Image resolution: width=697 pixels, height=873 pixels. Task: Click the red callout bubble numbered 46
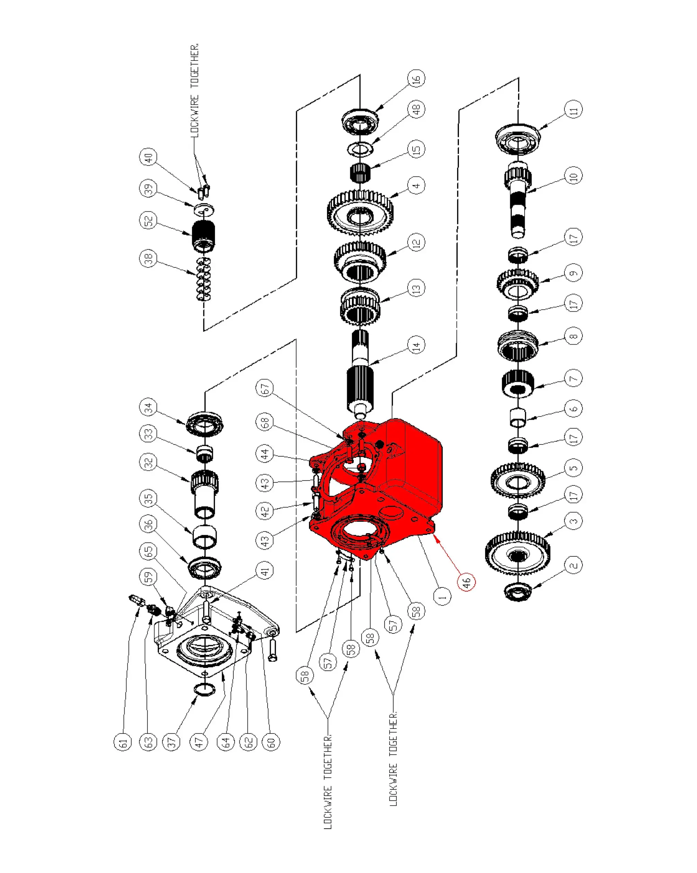point(466,582)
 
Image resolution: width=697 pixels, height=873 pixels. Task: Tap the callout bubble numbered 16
point(417,78)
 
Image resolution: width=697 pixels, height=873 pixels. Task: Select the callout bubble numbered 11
point(573,109)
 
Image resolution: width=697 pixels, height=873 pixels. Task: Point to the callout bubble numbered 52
point(148,221)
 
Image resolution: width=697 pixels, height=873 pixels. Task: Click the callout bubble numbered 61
point(123,742)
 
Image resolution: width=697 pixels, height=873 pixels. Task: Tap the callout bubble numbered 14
point(417,345)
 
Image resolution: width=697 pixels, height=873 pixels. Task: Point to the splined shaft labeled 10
point(517,203)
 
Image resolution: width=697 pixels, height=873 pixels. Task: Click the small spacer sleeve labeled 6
point(517,417)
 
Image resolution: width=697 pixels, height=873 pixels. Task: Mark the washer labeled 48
point(360,149)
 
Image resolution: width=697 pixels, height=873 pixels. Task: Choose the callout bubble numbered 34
point(148,407)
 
